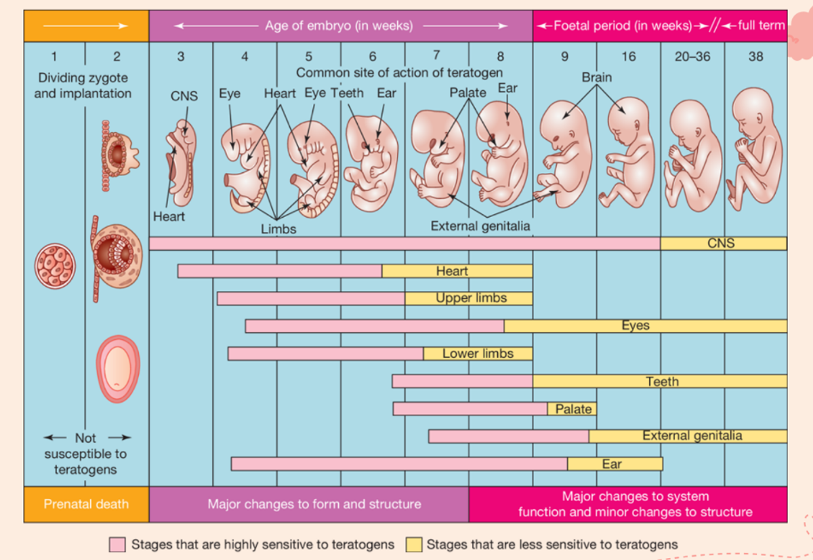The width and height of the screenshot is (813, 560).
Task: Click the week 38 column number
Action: point(755,57)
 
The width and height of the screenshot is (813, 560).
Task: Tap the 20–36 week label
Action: point(692,57)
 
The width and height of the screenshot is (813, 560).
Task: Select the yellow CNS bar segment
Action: point(723,243)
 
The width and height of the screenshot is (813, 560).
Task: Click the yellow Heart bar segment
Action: point(457,271)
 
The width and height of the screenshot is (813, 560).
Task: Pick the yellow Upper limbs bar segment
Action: point(469,298)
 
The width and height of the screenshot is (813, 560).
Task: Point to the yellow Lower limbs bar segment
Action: point(478,353)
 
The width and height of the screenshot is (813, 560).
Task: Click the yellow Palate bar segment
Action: point(572,409)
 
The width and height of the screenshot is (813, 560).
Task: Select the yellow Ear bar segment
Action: point(614,464)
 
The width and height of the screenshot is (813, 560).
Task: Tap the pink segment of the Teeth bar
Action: point(462,381)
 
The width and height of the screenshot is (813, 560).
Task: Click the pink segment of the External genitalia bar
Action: point(508,436)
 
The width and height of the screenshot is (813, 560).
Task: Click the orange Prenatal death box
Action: point(86,504)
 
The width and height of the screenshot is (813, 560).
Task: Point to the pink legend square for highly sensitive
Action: point(117,544)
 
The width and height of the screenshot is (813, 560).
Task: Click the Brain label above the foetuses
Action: point(596,77)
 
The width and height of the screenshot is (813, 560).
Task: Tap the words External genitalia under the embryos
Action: point(480,226)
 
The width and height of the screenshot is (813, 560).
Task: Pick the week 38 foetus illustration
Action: point(754,153)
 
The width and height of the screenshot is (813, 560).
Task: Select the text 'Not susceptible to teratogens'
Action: point(85,454)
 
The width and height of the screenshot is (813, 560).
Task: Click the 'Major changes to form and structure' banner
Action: point(314,504)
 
